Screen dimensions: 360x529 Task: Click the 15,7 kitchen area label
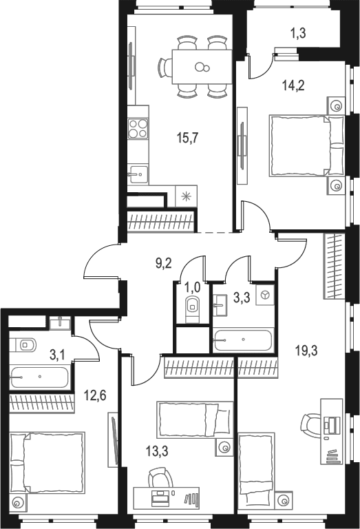[188, 138]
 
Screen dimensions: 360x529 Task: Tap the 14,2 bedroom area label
[294, 85]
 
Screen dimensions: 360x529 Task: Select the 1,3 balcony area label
[298, 33]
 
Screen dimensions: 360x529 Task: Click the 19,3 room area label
[306, 351]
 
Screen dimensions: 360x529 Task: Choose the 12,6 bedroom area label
[95, 395]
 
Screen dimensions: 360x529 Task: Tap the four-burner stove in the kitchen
[138, 128]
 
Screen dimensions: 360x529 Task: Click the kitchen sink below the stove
[138, 175]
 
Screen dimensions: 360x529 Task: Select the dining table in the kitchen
[202, 67]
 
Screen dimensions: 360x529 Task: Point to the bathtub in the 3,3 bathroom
[243, 340]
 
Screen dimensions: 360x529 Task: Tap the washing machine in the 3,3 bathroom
[265, 295]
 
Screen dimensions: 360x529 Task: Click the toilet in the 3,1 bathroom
[23, 346]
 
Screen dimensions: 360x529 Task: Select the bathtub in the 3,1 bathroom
[39, 377]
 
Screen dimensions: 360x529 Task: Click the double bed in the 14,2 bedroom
[306, 146]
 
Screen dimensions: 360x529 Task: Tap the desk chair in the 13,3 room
[160, 477]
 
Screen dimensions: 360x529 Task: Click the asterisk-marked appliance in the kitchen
[186, 196]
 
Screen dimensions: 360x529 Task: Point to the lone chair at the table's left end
[165, 67]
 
